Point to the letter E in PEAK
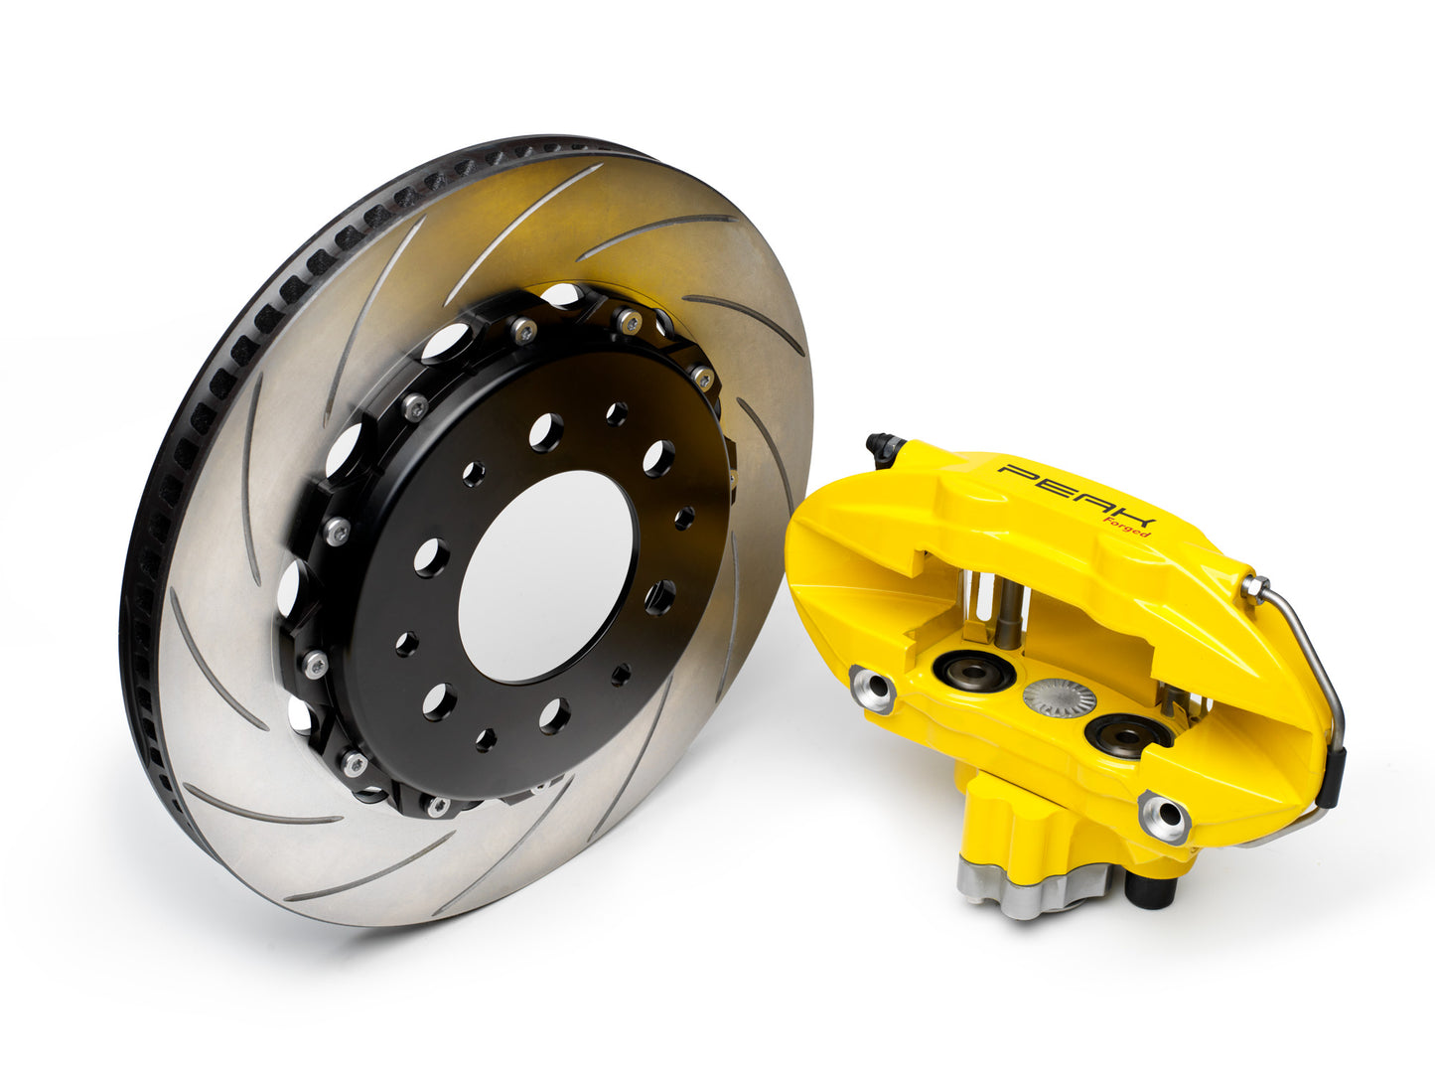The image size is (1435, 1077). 1055,486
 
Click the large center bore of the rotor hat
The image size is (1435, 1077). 545,576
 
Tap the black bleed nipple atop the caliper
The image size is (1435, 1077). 882,449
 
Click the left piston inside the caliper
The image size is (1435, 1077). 973,672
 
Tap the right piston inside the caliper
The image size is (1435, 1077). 1128,734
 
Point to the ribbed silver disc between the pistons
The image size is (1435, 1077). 1059,699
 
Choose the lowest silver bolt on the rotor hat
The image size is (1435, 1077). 437,804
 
